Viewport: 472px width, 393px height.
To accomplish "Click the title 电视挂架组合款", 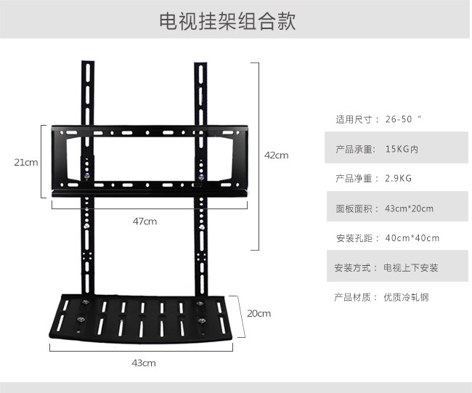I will tap(227, 21).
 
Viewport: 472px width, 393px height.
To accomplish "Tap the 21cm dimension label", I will tap(26, 162).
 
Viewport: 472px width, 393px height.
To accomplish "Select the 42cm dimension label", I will tap(276, 155).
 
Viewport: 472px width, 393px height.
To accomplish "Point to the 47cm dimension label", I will tap(145, 221).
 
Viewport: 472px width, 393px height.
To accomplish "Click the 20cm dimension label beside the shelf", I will tap(259, 313).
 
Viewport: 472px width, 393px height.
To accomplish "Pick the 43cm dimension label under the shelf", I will tap(144, 362).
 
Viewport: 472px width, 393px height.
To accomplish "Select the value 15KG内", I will tap(402, 149).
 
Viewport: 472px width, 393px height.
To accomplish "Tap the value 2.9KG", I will tap(399, 179).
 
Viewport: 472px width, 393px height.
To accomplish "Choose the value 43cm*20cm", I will tap(409, 208).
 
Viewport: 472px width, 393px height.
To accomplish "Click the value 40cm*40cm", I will tap(412, 238).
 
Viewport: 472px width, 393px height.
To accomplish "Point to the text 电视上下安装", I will tap(411, 268).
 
